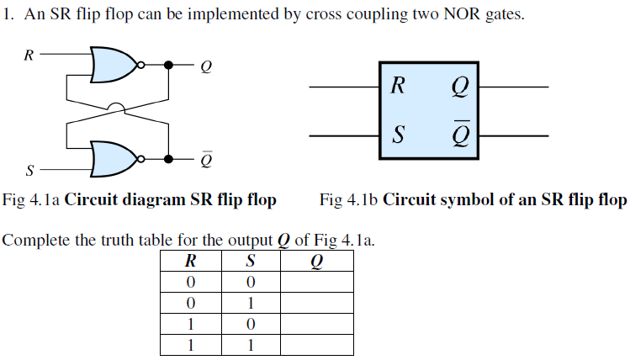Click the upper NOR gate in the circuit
click(114, 65)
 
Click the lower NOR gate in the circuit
click(114, 157)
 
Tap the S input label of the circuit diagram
click(30, 172)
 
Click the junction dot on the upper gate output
click(168, 65)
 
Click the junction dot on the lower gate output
click(168, 158)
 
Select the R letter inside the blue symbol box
click(398, 85)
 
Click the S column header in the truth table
click(250, 262)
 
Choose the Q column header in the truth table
click(316, 262)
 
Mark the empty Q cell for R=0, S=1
click(316, 303)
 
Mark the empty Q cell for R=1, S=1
click(316, 344)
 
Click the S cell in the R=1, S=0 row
click(250, 324)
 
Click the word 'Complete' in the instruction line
click(34, 241)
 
